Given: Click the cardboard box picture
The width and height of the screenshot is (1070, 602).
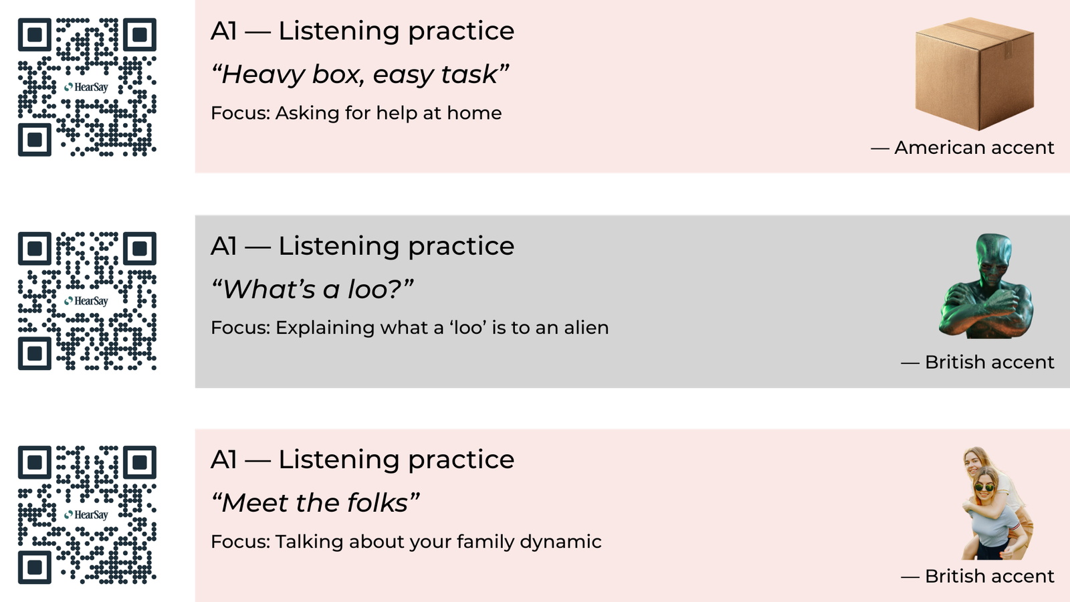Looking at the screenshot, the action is (x=974, y=74).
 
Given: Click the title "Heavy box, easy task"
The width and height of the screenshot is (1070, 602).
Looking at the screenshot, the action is (x=360, y=74).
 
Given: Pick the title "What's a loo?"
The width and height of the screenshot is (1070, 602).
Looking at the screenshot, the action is (x=312, y=289).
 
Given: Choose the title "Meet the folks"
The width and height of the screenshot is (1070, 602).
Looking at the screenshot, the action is (x=315, y=502).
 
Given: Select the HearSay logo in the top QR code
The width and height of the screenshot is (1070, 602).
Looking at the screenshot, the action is (x=86, y=87).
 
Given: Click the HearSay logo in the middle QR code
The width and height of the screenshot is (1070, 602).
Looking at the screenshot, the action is (x=86, y=301).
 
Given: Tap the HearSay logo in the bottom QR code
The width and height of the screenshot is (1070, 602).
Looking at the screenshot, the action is (x=86, y=514).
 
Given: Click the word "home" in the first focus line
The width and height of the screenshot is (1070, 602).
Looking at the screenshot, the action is (x=474, y=113).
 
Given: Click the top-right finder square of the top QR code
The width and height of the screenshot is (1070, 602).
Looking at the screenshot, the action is (x=140, y=34).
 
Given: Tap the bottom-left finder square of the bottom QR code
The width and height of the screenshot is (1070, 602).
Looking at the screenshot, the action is (x=34, y=568).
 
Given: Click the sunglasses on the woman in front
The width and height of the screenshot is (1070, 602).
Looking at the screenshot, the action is (x=984, y=488).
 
